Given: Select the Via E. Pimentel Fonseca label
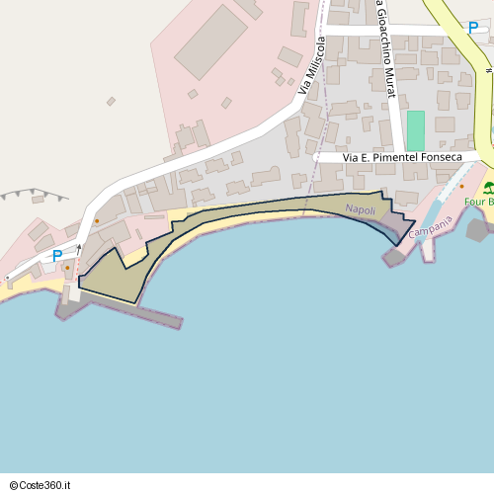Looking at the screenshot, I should (402, 157).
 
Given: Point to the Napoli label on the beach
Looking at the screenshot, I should (361, 209).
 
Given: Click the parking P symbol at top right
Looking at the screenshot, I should (474, 28).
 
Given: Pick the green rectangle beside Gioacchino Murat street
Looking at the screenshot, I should (415, 130).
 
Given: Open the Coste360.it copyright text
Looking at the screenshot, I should (47, 484).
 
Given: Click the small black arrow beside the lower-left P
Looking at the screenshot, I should (77, 249).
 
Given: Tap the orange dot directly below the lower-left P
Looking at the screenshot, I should (66, 267).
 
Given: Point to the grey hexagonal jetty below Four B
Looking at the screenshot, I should (477, 231).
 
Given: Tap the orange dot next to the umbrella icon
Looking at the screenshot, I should (460, 186).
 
